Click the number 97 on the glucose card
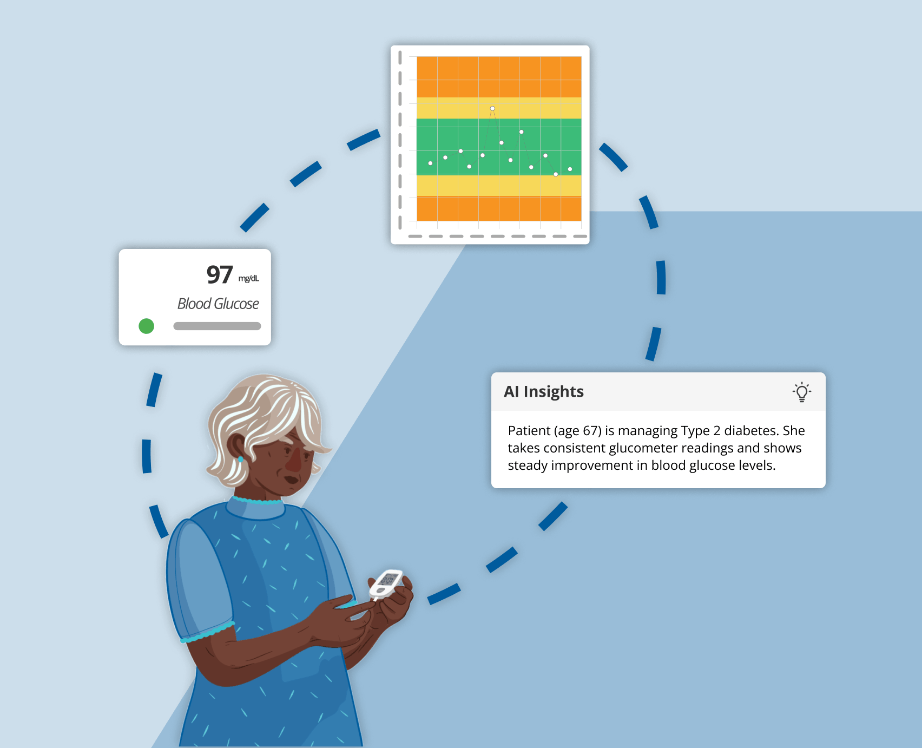(x=219, y=275)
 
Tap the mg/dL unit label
(x=249, y=279)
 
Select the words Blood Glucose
(x=218, y=304)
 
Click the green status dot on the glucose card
(x=146, y=326)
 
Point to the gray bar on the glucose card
(x=217, y=326)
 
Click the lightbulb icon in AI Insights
(x=802, y=392)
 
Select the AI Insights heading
(x=544, y=391)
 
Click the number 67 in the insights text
(x=590, y=431)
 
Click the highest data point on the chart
(x=492, y=109)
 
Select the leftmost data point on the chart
(x=430, y=163)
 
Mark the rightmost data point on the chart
(x=570, y=169)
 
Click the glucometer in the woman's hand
(x=386, y=583)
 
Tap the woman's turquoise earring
(x=241, y=459)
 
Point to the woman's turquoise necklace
(x=257, y=501)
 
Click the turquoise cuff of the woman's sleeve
(x=208, y=632)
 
